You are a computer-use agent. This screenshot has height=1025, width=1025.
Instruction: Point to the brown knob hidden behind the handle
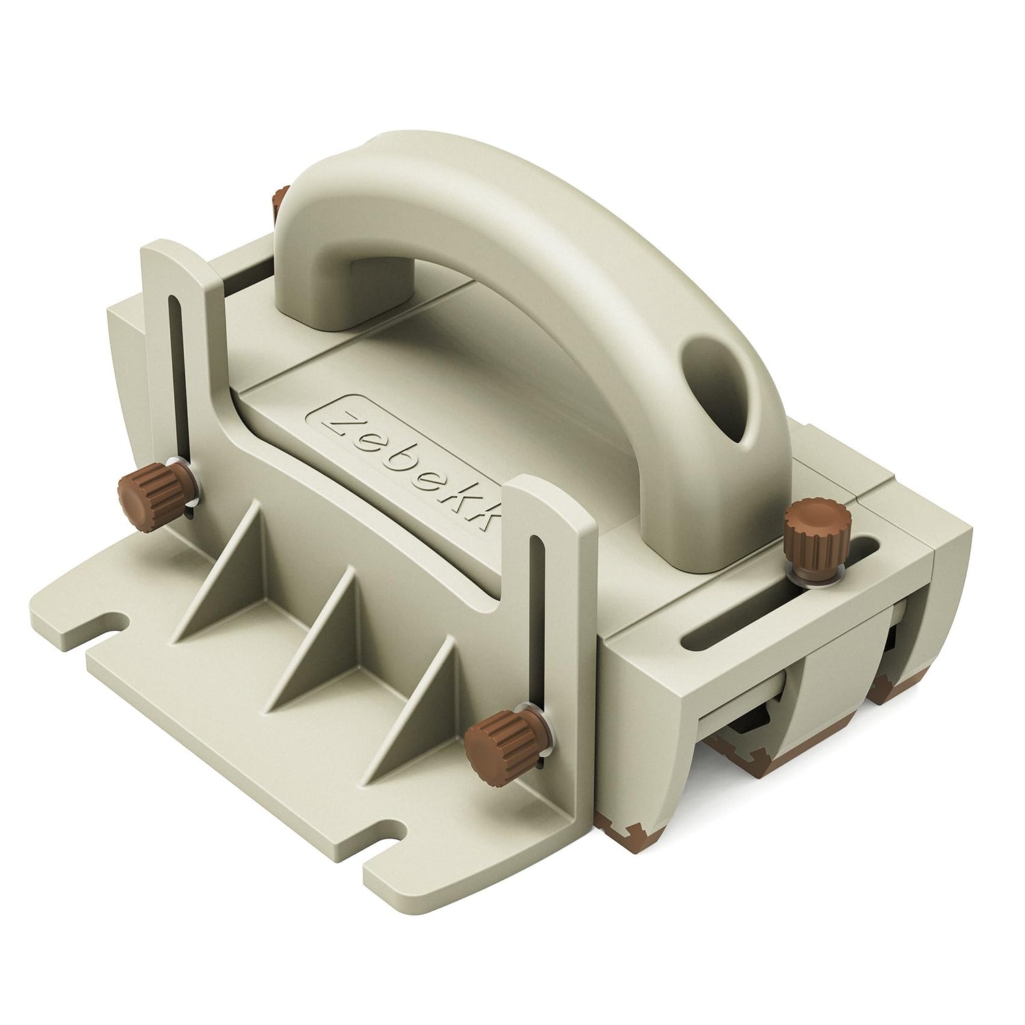[278, 203]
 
